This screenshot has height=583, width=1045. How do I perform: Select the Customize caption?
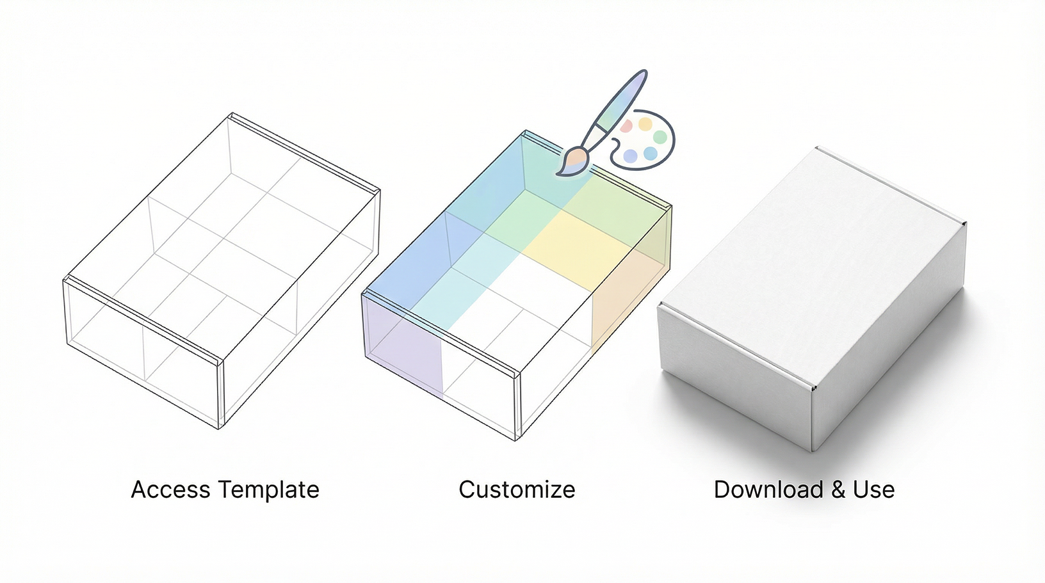(517, 490)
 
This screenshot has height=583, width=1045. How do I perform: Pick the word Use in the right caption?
(874, 490)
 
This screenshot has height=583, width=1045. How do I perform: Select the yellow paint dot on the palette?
(645, 124)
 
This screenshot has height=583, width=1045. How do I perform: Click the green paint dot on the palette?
(660, 137)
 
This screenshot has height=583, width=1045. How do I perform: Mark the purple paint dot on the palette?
(630, 156)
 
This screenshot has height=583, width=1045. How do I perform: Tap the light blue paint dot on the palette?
(650, 154)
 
